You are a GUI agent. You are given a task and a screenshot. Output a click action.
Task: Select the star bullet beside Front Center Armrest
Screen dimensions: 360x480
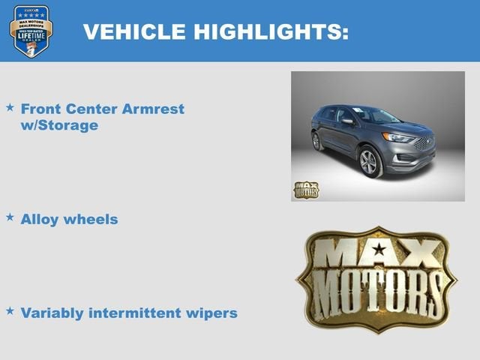click(x=10, y=108)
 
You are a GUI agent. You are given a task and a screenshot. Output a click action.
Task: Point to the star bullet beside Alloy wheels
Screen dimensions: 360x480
click(x=10, y=217)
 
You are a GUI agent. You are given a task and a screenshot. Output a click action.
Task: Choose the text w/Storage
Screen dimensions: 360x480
click(x=60, y=125)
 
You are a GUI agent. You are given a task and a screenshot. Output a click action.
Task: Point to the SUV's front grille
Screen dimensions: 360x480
click(x=424, y=144)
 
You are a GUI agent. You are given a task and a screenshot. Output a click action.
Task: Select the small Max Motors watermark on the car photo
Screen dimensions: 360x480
click(x=305, y=189)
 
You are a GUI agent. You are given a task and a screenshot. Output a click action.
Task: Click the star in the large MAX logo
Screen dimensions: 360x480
click(x=379, y=250)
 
